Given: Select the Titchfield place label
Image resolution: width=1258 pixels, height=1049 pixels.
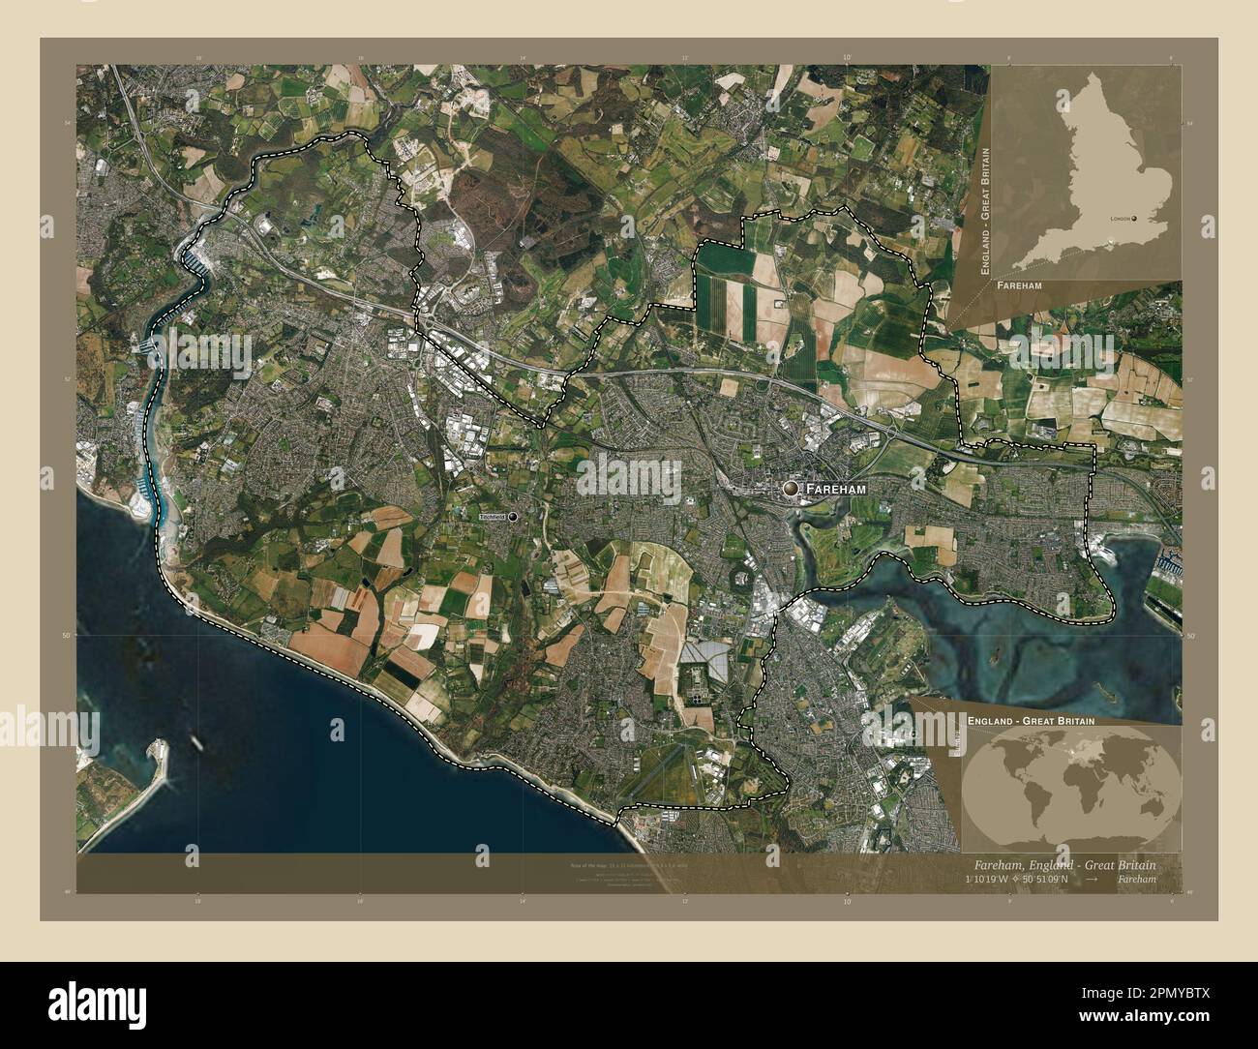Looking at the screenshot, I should pos(492,518).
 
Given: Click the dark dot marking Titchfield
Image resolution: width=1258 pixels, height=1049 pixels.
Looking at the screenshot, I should pos(513,518).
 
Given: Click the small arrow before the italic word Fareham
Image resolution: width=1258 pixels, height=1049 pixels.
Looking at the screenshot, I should pos(1092,880).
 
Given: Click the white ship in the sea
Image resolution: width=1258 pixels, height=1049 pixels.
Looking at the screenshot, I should pos(199,742).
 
